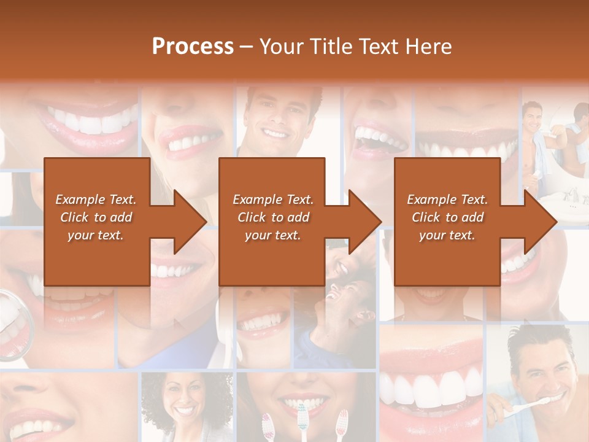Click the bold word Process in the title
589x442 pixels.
coord(193,47)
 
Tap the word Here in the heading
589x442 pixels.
coord(427,47)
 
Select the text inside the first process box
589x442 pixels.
coord(96,217)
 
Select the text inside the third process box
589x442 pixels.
coord(447,217)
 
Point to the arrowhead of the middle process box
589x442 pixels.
coord(364,222)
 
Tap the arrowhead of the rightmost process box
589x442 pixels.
coord(540,222)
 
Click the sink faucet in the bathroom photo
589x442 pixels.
coord(571,195)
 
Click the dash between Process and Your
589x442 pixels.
coord(247,47)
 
